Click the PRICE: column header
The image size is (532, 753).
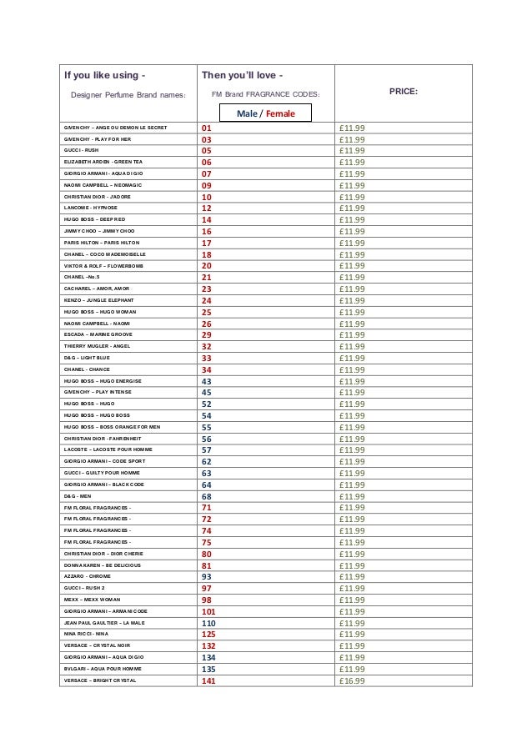[404, 93]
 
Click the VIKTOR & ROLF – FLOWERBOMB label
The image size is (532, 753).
[103, 265]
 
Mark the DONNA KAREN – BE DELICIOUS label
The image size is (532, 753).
[102, 565]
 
